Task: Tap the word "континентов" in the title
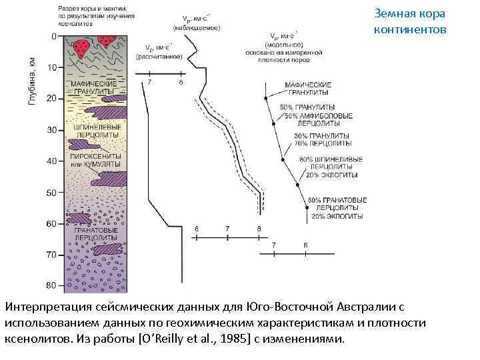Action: point(408,29)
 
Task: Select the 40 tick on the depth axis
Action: point(52,161)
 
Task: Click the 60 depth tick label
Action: point(52,224)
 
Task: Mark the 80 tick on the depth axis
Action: point(52,286)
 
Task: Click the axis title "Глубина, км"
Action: point(31,79)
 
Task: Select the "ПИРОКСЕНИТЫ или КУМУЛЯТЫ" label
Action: point(95,159)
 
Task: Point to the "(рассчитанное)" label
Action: point(160,57)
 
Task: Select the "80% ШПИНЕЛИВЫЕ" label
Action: point(331,159)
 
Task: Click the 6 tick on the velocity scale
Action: point(197,229)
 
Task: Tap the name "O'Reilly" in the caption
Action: point(161,338)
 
